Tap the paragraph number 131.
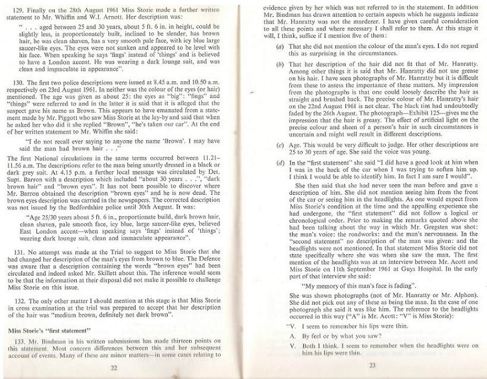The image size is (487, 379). pyautogui.click(x=23, y=252)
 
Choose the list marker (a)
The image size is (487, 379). pyautogui.click(x=279, y=46)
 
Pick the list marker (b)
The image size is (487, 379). pyautogui.click(x=279, y=64)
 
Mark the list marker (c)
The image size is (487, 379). pyautogui.click(x=279, y=144)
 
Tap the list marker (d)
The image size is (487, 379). pyautogui.click(x=279, y=162)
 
